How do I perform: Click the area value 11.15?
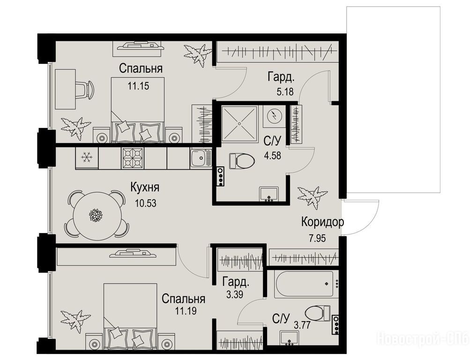(138, 86)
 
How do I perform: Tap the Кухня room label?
(145, 187)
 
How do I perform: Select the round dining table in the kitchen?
(97, 215)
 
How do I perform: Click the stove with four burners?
(133, 158)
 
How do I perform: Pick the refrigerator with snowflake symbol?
(87, 158)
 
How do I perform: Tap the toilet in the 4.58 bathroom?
(242, 160)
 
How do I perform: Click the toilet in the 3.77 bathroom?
(318, 313)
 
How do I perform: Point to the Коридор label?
(322, 222)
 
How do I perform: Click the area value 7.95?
(317, 238)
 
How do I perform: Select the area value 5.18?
(285, 91)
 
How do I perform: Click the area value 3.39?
(235, 294)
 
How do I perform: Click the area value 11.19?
(186, 311)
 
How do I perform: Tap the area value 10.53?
(146, 202)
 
